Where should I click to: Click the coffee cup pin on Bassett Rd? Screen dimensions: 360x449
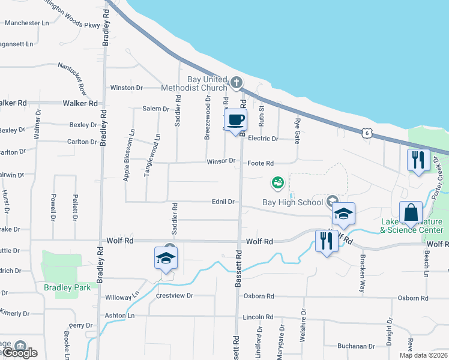coord(236,119)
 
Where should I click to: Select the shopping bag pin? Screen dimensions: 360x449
coord(411,214)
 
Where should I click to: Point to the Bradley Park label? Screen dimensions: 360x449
coord(67,287)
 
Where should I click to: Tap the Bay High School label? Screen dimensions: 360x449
coord(292,202)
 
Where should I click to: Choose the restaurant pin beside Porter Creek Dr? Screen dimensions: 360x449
coord(418,160)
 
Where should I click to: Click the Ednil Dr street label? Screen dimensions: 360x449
coord(222,202)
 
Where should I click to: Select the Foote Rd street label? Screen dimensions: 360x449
coord(261,163)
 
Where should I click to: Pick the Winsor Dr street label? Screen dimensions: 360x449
coord(221,161)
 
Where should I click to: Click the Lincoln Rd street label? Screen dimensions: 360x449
coord(258,317)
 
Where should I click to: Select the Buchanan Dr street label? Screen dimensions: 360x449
coord(355,346)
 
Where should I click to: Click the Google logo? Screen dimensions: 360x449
coord(19,353)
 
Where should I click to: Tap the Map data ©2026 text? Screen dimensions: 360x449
coord(423,355)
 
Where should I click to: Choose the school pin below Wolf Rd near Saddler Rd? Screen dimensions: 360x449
coord(166,258)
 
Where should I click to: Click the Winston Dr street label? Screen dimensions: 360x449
coord(126,88)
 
